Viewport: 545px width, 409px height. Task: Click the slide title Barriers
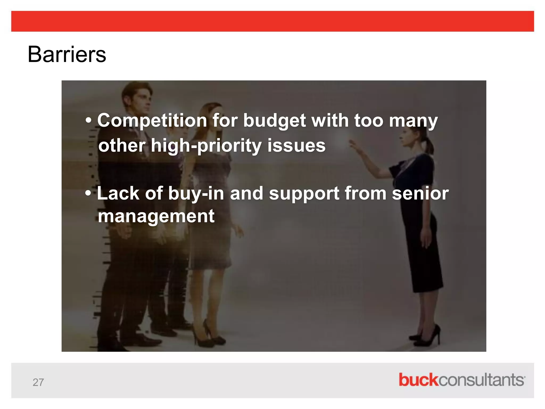[67, 55]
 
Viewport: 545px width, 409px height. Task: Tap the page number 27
[38, 382]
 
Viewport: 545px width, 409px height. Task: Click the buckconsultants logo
[461, 380]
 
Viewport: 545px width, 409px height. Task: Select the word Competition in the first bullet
[152, 121]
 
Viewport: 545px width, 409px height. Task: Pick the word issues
[296, 145]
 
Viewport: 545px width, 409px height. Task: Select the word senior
[420, 193]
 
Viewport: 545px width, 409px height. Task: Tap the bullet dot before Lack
[88, 194]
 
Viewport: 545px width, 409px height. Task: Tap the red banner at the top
[272, 21]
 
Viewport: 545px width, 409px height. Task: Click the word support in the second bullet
[304, 194]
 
